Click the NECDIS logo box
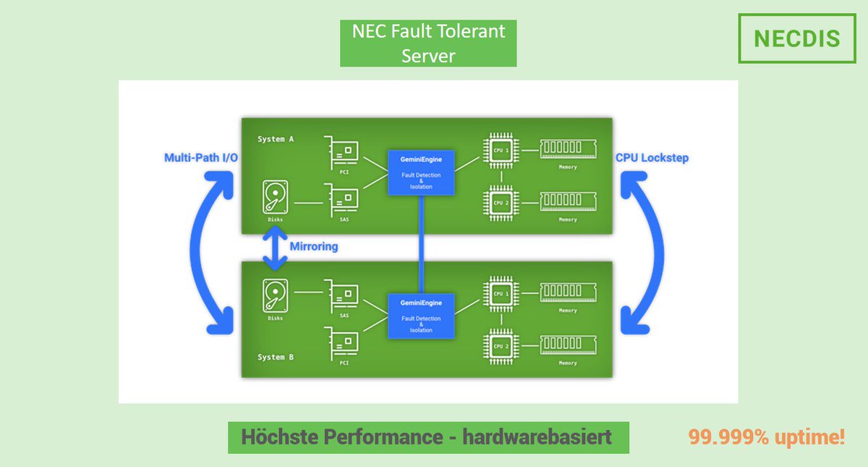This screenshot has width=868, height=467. coord(796,38)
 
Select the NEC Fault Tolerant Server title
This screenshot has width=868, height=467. coord(428,43)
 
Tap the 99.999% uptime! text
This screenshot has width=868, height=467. coord(766,437)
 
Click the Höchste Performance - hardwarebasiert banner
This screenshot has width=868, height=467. coord(427,437)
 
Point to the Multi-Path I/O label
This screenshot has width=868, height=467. coord(201,157)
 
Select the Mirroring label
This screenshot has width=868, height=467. coord(314,246)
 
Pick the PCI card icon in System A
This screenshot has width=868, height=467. coord(341,152)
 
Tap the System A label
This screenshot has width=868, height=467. coord(276,138)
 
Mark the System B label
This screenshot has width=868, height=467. coord(276,357)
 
